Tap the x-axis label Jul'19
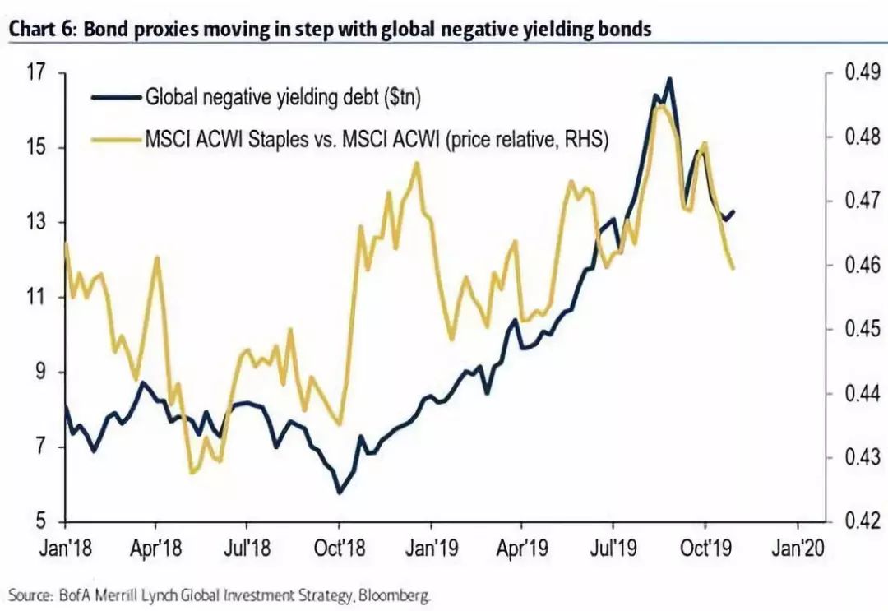pos(613,546)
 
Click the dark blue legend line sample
pos(116,97)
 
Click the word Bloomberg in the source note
pos(396,594)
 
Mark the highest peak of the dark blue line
pos(670,79)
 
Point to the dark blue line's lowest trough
pos(339,493)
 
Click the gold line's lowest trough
pos(192,473)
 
